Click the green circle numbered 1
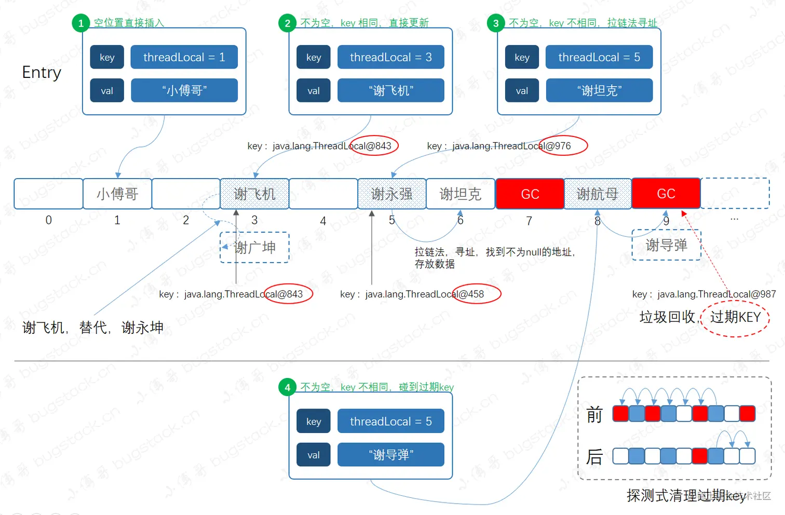(81, 23)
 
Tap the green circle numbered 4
(287, 387)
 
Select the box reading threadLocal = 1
(184, 57)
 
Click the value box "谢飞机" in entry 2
(390, 90)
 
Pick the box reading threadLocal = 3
(390, 57)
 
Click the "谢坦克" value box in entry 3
(599, 90)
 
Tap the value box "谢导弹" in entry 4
(390, 455)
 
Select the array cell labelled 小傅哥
(117, 194)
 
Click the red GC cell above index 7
(530, 194)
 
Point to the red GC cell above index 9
(666, 194)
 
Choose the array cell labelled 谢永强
(391, 194)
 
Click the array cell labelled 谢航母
(598, 194)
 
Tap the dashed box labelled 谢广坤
(254, 248)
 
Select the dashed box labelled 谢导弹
(666, 245)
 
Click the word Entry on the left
(42, 73)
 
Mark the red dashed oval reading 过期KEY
(735, 317)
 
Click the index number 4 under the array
(323, 221)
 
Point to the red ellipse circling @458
(476, 294)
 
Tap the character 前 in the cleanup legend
(594, 415)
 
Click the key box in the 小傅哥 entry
(107, 57)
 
